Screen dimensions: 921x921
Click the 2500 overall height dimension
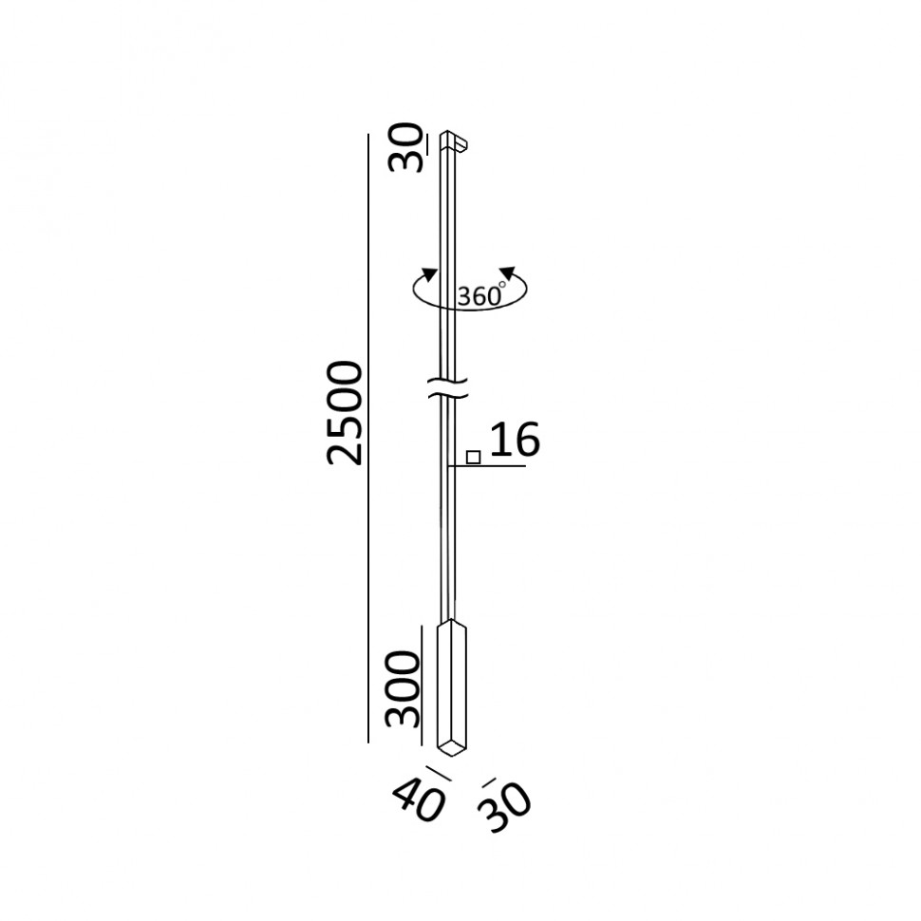point(345,414)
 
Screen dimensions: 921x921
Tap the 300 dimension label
point(404,689)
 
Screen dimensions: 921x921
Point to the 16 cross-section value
point(515,440)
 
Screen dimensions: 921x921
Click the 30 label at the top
point(405,147)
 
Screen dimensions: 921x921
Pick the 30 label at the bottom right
point(504,806)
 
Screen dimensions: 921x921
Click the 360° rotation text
point(481,294)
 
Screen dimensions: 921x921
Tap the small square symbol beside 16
point(474,457)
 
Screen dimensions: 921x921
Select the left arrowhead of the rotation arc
point(430,275)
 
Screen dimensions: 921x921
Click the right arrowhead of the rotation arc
point(507,273)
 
